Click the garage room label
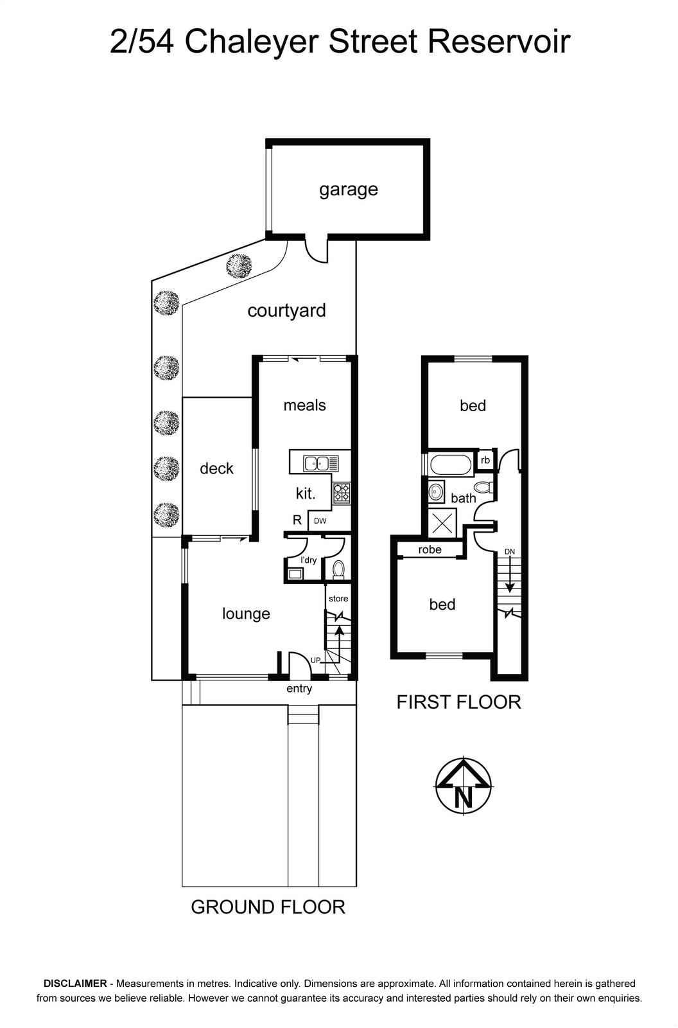point(348,190)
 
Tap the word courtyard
point(287,311)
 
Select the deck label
point(216,468)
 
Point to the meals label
point(304,405)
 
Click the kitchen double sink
point(320,463)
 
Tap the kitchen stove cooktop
point(342,493)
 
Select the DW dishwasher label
point(320,521)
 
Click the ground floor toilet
point(338,569)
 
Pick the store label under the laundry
point(338,598)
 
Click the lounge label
point(247,614)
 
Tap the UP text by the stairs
point(316,660)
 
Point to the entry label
point(299,688)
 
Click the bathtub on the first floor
point(451,465)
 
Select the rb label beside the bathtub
point(485,460)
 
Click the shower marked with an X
point(442,524)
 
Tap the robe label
point(430,549)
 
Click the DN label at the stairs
point(510,552)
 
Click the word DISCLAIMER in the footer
point(74,984)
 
